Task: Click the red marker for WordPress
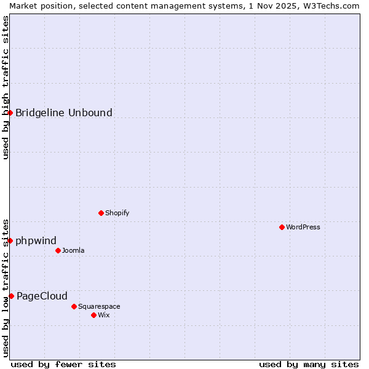point(282,227)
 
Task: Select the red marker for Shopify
point(101,213)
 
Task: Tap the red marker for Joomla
point(58,250)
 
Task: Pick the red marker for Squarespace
point(74,306)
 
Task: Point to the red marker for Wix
point(93,315)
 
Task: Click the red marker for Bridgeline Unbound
point(10,113)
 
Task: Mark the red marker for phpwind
point(10,240)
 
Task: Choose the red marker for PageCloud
point(11,296)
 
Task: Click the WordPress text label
point(303,227)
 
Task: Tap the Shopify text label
point(117,213)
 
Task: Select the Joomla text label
point(73,250)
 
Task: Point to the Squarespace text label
point(99,306)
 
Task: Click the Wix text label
point(104,315)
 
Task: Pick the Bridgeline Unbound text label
point(64,113)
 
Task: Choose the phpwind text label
point(36,240)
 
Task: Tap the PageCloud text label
point(42,296)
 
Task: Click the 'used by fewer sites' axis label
point(63,364)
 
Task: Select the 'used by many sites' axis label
point(309,364)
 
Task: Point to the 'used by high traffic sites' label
point(6,87)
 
